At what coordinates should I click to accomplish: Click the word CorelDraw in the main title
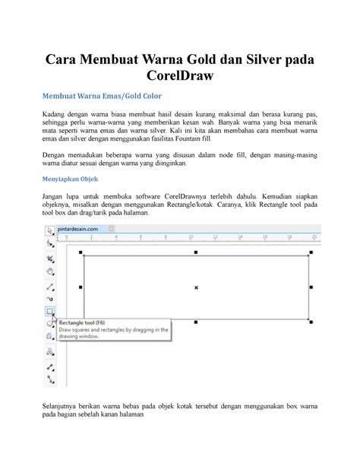tap(180, 78)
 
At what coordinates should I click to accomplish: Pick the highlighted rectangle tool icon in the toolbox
tap(50, 311)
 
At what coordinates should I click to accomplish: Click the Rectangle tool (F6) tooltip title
tap(90, 322)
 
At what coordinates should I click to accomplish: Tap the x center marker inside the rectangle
tap(196, 287)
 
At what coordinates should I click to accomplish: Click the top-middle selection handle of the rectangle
tap(196, 252)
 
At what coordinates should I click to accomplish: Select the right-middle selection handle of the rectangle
tap(311, 287)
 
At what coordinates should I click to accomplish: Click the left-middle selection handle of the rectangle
tap(81, 287)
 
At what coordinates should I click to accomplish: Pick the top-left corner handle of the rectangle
tap(81, 252)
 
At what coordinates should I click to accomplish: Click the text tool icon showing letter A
tap(50, 351)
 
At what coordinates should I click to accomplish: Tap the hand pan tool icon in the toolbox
tap(50, 271)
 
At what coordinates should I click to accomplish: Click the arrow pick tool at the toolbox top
tap(50, 230)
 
